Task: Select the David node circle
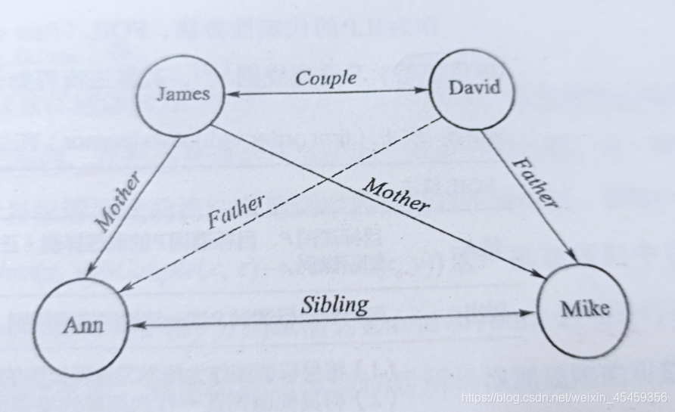pos(473,87)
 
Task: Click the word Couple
pos(325,78)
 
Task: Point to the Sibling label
pos(334,304)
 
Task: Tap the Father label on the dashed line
pos(236,212)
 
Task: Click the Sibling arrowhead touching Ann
pos(136,325)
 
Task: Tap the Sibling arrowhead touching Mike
pos(530,312)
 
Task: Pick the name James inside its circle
pos(182,94)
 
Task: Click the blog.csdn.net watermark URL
pos(564,397)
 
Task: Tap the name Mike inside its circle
pos(584,309)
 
